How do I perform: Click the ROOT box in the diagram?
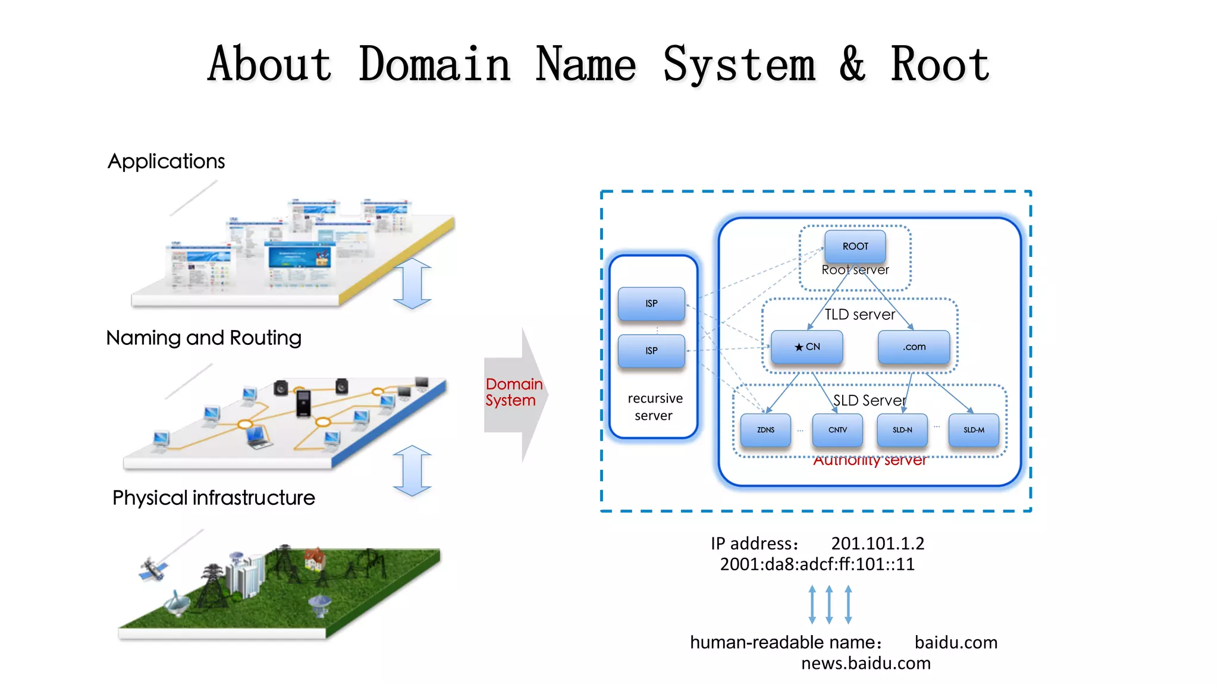[x=855, y=246]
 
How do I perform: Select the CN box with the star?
[x=806, y=347]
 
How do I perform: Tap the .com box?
[x=913, y=347]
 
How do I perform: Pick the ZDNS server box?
[x=765, y=429]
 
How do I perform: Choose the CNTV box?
[x=837, y=429]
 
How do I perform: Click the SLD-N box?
[x=902, y=429]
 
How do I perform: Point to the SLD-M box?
[x=974, y=429]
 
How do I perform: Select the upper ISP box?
[x=651, y=303]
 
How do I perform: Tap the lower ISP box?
[x=651, y=351]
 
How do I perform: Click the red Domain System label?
[x=513, y=392]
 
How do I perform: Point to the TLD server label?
[x=859, y=315]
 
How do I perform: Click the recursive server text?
[x=654, y=407]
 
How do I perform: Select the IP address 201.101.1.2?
[x=877, y=543]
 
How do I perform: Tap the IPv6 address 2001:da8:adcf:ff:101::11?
[x=817, y=564]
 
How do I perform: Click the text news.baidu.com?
[x=865, y=664]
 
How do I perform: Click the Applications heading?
[x=166, y=161]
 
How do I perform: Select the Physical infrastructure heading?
[x=214, y=498]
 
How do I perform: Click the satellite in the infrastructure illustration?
[x=153, y=569]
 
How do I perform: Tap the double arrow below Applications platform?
[x=412, y=284]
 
